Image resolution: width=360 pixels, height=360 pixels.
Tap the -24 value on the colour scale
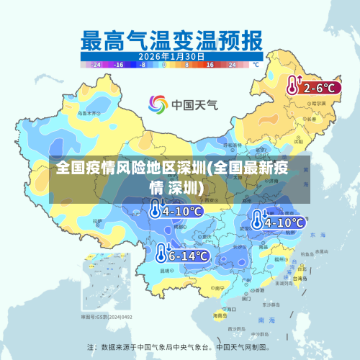coord(98,64)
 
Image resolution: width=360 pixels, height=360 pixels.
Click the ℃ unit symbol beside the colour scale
coord(255,64)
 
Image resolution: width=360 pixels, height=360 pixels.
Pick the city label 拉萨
coord(99,221)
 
